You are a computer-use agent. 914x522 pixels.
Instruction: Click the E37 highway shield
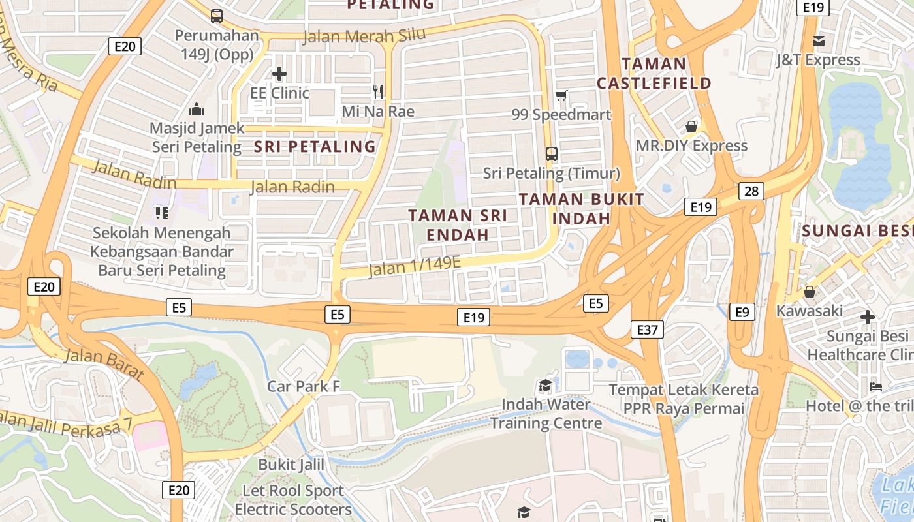[647, 330]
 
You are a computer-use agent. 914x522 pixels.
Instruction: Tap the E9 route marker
[742, 312]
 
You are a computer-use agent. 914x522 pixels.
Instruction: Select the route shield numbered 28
[751, 191]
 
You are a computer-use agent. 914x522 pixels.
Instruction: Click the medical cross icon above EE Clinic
[279, 74]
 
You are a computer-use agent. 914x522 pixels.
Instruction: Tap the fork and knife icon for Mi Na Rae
[378, 91]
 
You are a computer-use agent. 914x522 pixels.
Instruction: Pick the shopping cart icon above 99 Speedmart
[561, 96]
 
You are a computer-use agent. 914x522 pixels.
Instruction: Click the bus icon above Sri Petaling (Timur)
[552, 154]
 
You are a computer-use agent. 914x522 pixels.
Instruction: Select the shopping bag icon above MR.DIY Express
[691, 126]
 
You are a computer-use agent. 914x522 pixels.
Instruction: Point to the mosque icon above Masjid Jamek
[197, 109]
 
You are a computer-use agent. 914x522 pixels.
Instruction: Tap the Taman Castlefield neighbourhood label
[654, 74]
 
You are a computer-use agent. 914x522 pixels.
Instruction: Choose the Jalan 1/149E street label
[415, 266]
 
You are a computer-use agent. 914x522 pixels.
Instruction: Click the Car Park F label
[304, 386]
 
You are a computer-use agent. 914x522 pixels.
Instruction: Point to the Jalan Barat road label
[104, 364]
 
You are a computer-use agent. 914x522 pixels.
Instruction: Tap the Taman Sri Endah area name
[458, 224]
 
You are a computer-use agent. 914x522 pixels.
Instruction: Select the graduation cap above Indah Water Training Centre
[545, 386]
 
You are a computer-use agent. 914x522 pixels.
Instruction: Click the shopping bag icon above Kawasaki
[810, 292]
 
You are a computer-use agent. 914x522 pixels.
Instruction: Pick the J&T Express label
[818, 60]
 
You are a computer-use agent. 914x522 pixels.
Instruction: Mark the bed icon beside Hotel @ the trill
[876, 387]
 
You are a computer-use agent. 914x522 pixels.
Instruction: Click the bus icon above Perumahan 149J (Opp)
[217, 16]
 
